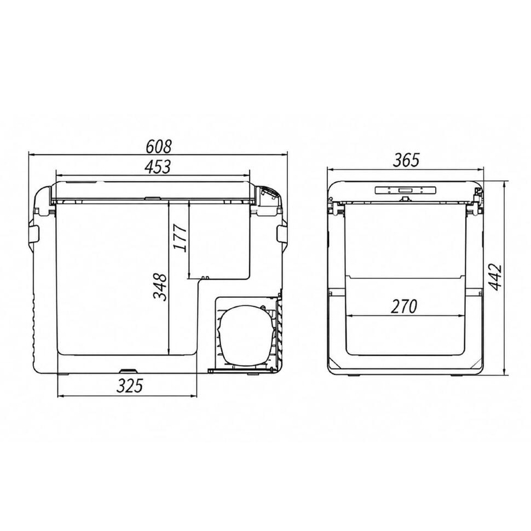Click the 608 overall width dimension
(x=159, y=146)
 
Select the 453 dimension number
(x=158, y=167)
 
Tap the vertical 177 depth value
(x=180, y=238)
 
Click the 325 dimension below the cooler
(x=130, y=386)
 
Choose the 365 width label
(x=406, y=160)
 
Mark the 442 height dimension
(x=497, y=276)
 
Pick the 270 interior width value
(x=404, y=307)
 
